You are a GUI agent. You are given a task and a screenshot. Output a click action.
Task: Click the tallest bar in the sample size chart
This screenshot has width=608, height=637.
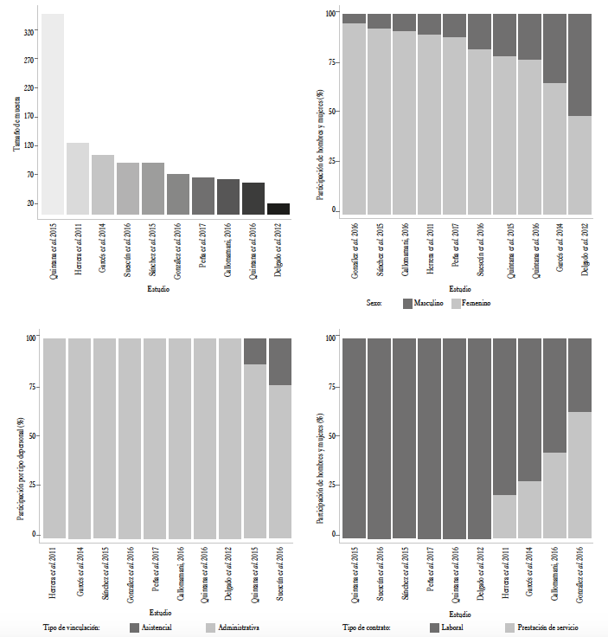(53, 113)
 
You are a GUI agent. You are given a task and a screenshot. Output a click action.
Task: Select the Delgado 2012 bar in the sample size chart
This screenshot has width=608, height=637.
(278, 209)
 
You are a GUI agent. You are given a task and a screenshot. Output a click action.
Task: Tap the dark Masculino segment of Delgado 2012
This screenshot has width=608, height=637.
(579, 64)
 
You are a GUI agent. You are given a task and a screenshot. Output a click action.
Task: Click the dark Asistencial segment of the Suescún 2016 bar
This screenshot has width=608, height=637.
(280, 361)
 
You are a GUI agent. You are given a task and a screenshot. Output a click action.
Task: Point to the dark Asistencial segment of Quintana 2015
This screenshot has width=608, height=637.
(255, 351)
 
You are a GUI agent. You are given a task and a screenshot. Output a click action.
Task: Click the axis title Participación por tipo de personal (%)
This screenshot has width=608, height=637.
(17, 438)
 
